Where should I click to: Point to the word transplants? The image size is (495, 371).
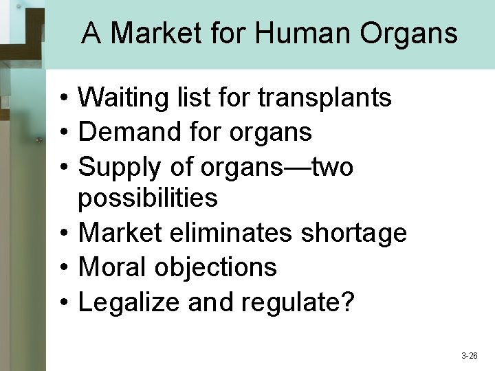tap(324, 99)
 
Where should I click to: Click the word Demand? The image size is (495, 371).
tap(126, 132)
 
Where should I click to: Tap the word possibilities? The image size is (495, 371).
tap(148, 199)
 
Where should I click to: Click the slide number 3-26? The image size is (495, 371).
tap(470, 356)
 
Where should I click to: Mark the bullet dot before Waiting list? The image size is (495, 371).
tap(62, 99)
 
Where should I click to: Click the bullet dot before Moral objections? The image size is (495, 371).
tap(62, 267)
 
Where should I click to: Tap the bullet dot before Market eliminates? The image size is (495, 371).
tap(62, 234)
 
